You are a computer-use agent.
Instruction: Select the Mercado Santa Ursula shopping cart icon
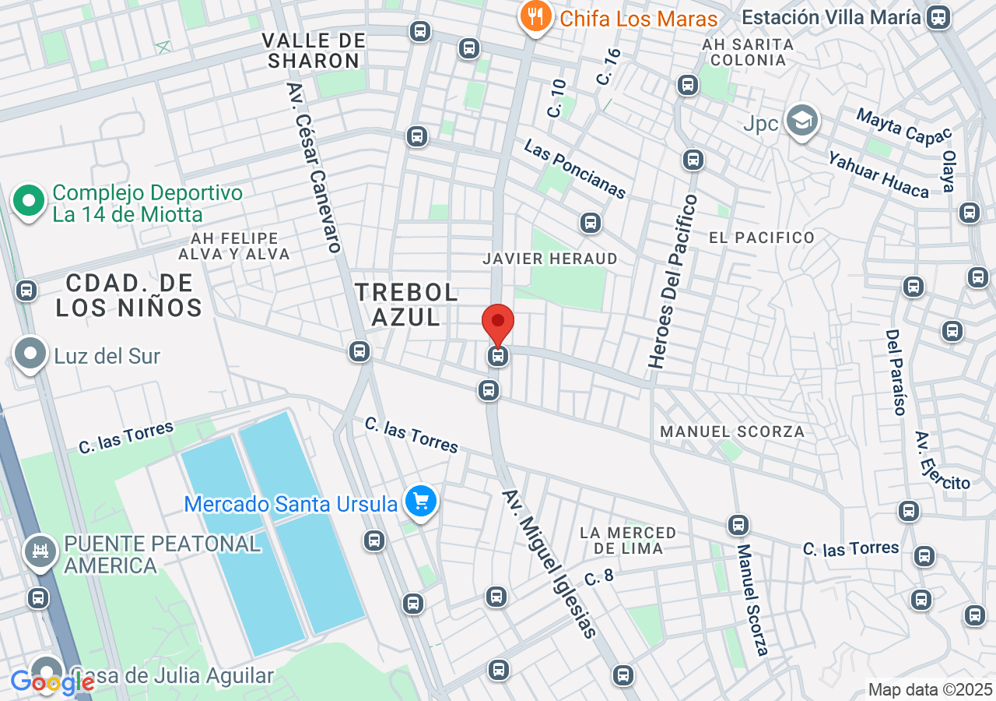(x=422, y=502)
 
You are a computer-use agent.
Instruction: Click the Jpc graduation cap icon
(x=801, y=121)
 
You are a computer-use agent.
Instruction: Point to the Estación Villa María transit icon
(x=939, y=16)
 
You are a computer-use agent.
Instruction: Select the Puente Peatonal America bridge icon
(x=40, y=552)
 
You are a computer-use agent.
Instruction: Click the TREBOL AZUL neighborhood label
(x=406, y=304)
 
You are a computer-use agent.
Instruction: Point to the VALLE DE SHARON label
(x=314, y=51)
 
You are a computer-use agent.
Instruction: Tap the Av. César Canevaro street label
(x=314, y=167)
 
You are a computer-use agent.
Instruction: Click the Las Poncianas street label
(x=574, y=168)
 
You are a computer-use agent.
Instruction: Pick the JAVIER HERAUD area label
(x=550, y=258)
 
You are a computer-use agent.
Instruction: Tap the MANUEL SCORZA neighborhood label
(x=731, y=431)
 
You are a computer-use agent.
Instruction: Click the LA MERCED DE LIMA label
(x=628, y=540)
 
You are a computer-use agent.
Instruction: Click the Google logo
(x=51, y=682)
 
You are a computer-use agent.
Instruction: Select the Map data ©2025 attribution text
(x=930, y=689)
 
